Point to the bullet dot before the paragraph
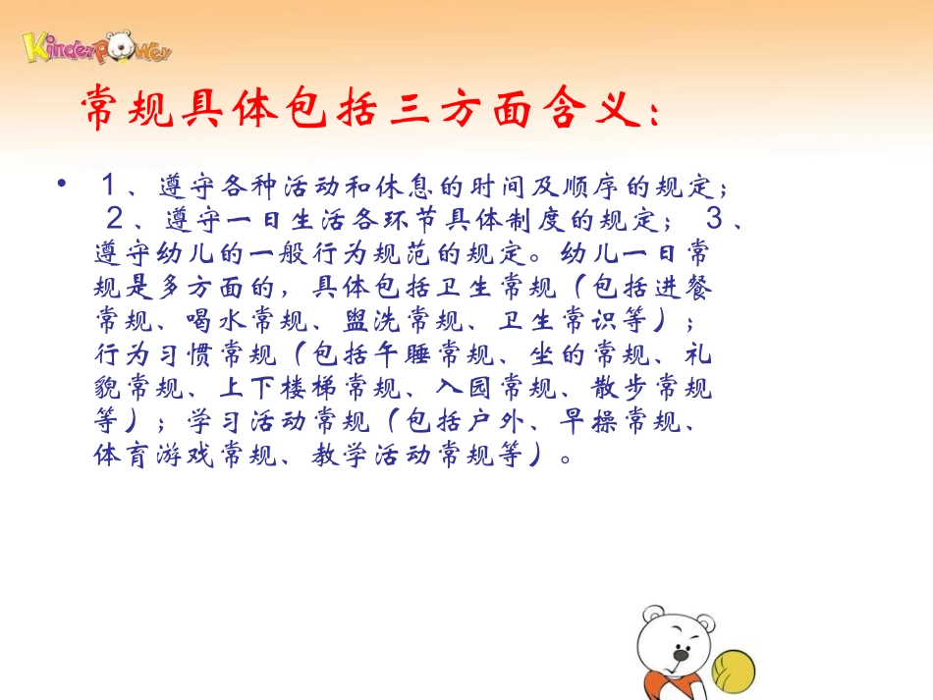click(65, 185)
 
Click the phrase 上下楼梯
click(262, 389)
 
